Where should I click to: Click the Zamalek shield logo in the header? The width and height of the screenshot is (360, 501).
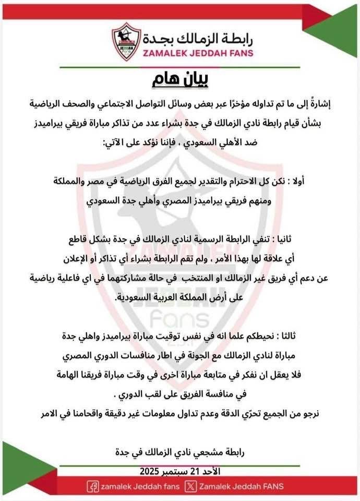coord(126,41)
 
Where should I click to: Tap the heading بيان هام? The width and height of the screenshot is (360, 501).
coord(179,80)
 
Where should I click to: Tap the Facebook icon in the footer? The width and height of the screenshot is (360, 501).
coord(93,486)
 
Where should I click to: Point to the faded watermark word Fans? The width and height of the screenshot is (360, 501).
coord(179,318)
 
